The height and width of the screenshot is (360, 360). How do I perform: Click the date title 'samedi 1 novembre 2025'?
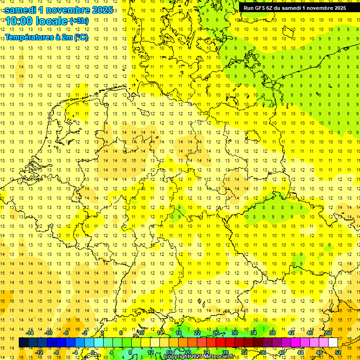(x=58, y=10)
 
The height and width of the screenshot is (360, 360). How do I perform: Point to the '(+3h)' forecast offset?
(x=78, y=21)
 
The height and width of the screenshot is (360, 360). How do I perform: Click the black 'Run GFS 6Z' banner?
(x=294, y=7)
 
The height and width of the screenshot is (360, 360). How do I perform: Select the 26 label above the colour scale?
(x=216, y=333)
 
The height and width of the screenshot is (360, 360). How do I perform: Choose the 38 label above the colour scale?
(x=272, y=333)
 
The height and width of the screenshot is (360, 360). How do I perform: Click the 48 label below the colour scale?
(x=319, y=352)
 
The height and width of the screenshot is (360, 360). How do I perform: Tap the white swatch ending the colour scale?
(x=333, y=343)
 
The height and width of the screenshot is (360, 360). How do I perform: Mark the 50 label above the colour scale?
(x=329, y=333)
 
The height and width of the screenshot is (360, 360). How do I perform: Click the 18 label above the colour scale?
(x=179, y=333)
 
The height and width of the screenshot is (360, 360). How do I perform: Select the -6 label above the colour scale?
(x=67, y=333)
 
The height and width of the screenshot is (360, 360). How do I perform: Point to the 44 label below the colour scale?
(x=300, y=352)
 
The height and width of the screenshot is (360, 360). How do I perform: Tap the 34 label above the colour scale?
(x=254, y=333)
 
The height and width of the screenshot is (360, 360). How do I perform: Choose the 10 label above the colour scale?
(x=141, y=333)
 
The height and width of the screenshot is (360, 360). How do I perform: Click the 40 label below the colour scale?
(x=282, y=352)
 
